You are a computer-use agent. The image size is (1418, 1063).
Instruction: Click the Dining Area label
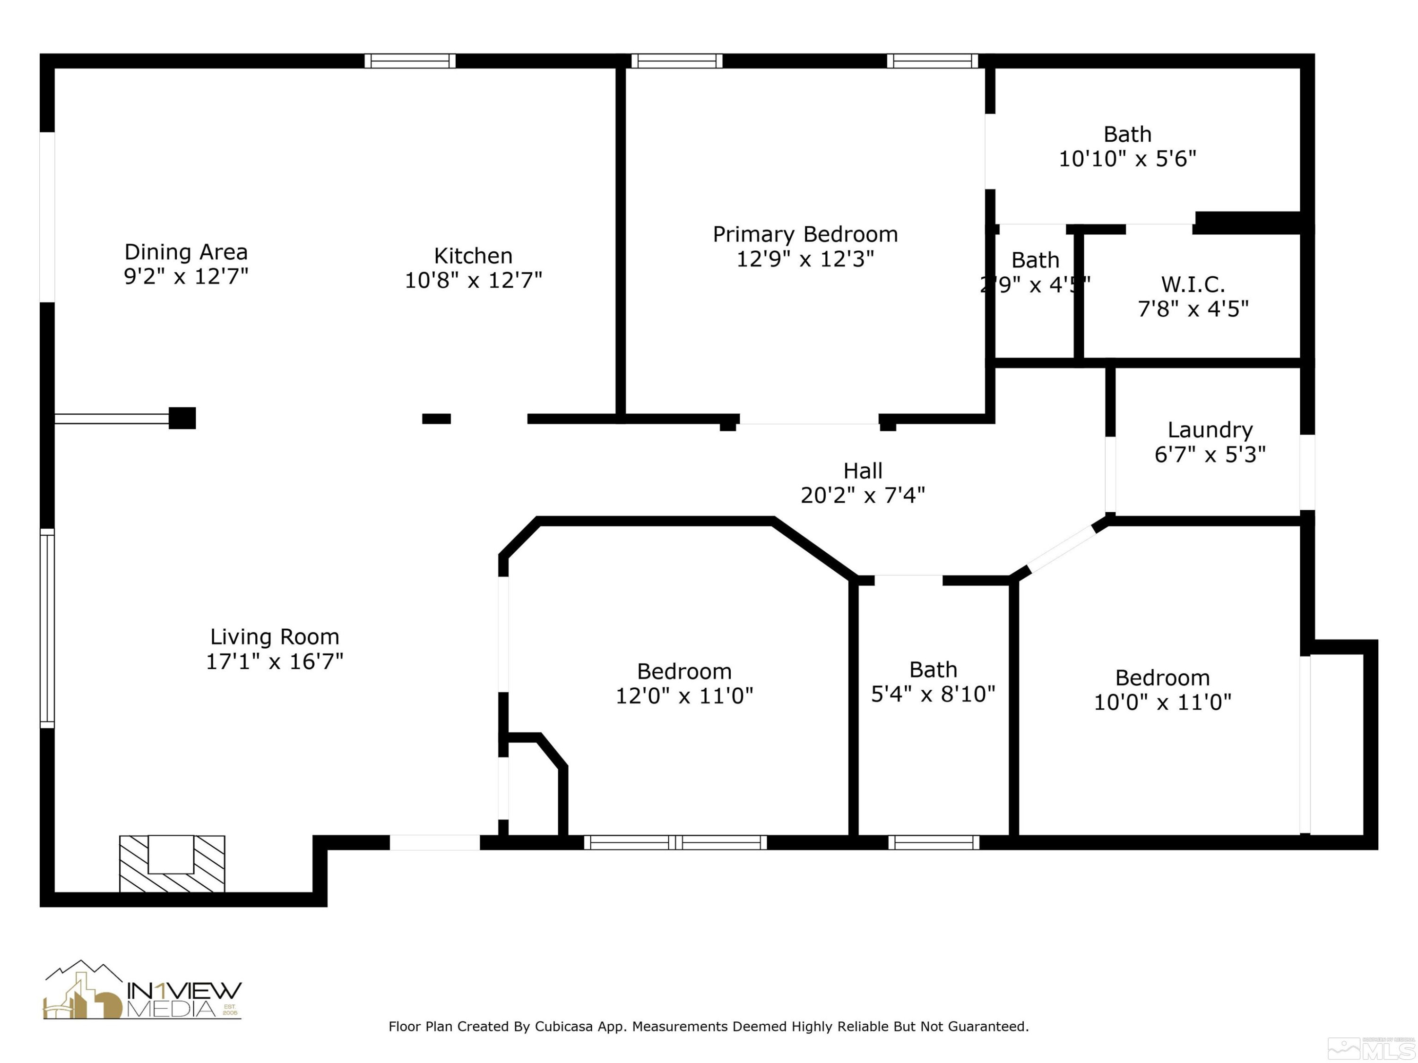click(186, 252)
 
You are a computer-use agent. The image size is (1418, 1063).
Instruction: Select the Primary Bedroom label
click(805, 234)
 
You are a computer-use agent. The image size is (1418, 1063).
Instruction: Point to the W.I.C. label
click(1193, 284)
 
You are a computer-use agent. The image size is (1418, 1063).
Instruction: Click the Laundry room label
click(1210, 430)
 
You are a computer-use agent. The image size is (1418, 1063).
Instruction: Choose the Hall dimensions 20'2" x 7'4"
click(862, 495)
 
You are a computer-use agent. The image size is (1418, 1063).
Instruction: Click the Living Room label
click(274, 637)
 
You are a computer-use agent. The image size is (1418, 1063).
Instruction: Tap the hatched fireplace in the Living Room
click(172, 863)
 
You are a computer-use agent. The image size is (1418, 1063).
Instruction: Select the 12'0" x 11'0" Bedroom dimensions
click(684, 696)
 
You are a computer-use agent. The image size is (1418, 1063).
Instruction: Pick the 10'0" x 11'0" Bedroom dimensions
click(1162, 702)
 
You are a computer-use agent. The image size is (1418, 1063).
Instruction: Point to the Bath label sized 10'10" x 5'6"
click(1127, 135)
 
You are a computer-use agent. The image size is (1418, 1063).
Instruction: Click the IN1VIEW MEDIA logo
click(142, 991)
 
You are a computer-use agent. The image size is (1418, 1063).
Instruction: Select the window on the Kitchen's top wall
click(410, 61)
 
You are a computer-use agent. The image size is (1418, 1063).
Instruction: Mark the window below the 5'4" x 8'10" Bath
click(934, 842)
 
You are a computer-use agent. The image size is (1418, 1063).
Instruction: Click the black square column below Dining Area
click(182, 418)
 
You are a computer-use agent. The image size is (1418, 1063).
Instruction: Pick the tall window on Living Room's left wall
click(47, 628)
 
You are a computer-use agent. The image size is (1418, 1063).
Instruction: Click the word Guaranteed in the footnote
click(987, 1027)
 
